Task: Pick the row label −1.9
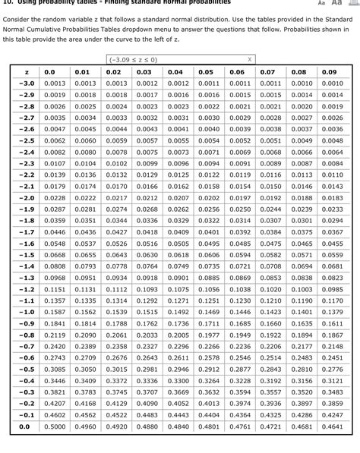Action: [x=26, y=209]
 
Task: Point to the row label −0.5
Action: [x=26, y=369]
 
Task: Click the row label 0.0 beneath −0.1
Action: [x=26, y=426]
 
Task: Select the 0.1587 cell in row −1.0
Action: [x=54, y=312]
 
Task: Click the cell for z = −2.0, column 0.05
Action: [x=207, y=197]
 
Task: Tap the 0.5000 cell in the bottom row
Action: [x=54, y=426]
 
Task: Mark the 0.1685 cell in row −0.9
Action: [x=238, y=323]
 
